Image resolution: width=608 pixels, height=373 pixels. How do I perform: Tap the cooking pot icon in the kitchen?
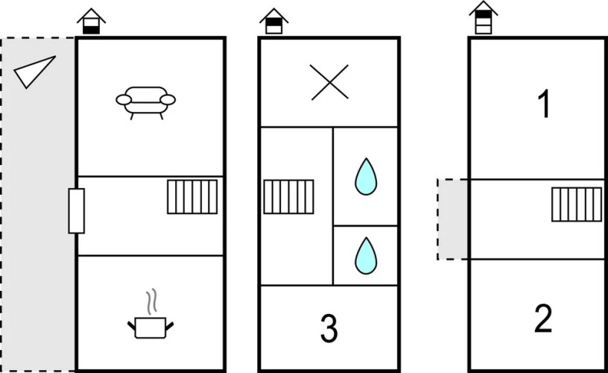[151, 328]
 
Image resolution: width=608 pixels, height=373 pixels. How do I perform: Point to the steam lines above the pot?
[151, 301]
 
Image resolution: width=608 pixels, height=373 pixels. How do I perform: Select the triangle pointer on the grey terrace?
[34, 72]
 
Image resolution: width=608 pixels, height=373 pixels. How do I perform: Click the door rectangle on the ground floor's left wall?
[77, 211]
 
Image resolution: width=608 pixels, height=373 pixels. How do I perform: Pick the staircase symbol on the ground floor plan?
[192, 197]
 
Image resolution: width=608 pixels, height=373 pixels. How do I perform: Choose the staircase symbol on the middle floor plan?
[289, 197]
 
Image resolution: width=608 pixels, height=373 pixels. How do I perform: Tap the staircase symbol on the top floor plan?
[577, 204]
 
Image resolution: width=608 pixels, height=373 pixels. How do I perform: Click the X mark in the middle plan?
[329, 82]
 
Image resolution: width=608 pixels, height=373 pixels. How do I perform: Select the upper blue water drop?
[366, 177]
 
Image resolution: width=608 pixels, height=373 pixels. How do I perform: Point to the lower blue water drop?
[366, 256]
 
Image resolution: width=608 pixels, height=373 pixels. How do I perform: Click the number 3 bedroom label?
[329, 328]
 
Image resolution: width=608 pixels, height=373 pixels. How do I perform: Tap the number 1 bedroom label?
[545, 103]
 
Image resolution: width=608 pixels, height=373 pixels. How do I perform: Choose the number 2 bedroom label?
[543, 319]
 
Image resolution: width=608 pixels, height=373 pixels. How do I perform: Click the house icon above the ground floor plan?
[91, 22]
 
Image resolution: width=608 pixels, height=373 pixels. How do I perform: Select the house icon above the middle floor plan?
[273, 22]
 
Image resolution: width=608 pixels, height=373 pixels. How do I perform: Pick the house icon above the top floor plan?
[483, 17]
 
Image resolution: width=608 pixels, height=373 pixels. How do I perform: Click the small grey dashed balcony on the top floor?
[453, 219]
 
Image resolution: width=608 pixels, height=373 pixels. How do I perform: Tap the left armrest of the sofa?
[124, 100]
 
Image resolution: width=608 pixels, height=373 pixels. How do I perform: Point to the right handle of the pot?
[169, 326]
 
